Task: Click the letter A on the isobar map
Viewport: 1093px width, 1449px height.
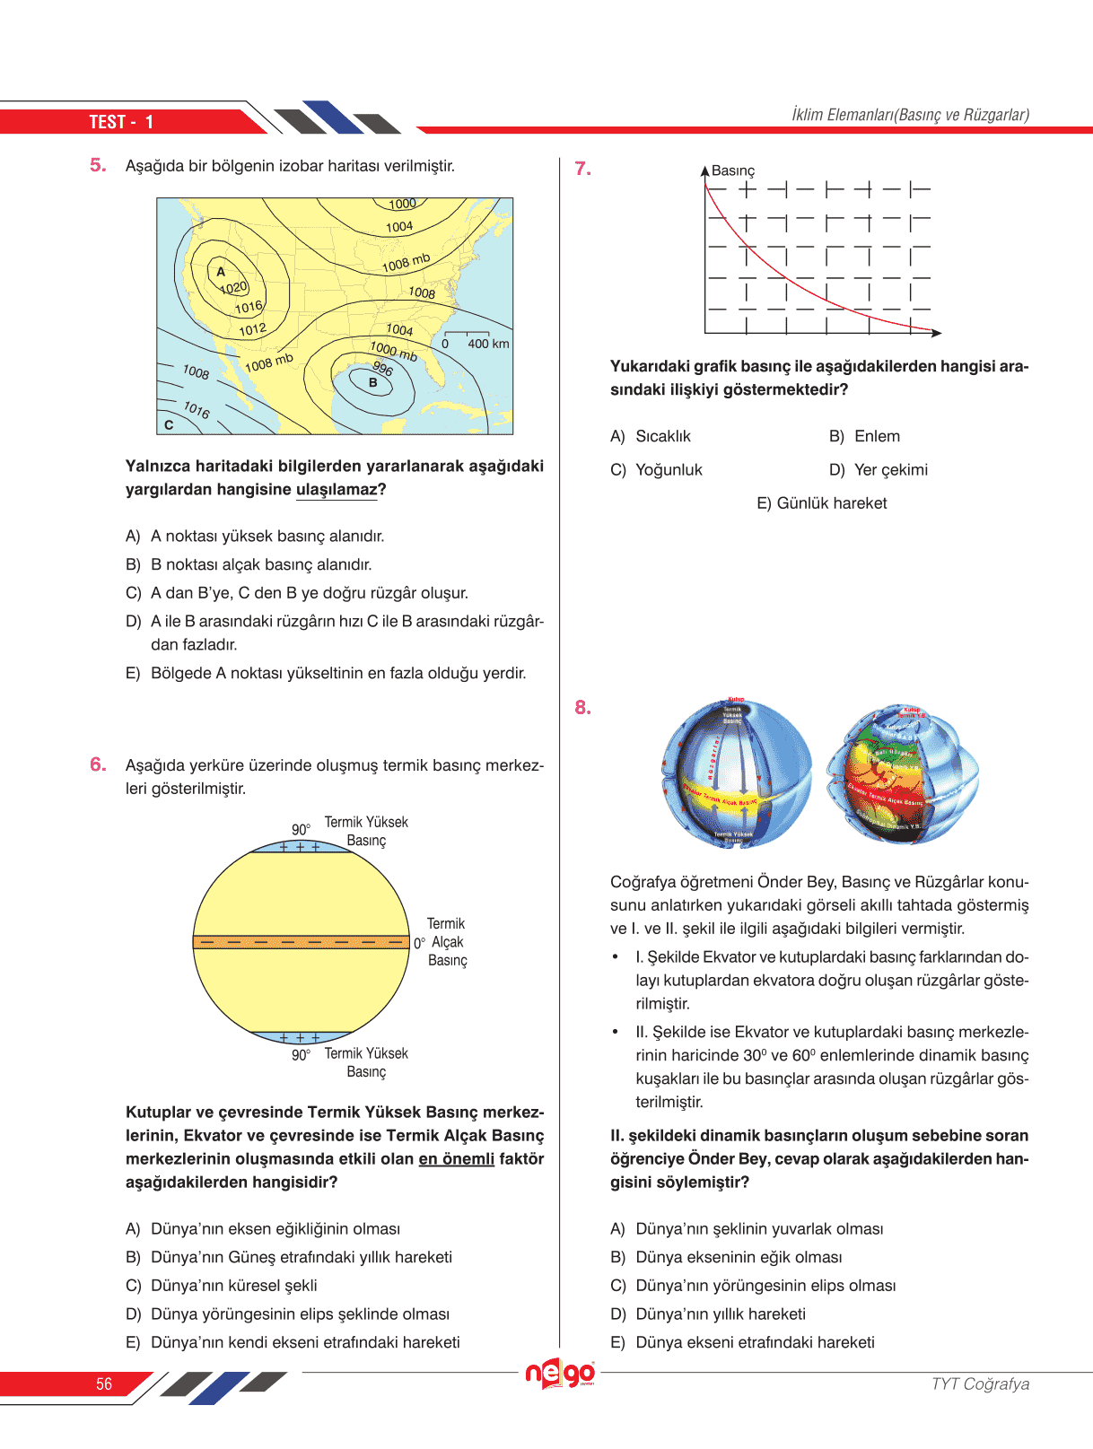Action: click(221, 271)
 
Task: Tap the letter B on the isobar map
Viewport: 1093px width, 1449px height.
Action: click(373, 383)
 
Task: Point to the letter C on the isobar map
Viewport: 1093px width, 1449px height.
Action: click(169, 424)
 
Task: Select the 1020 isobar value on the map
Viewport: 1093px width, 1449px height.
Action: click(233, 288)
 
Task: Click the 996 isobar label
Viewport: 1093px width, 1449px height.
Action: click(383, 368)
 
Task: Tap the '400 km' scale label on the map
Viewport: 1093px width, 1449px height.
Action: click(488, 344)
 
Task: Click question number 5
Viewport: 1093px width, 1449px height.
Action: click(98, 165)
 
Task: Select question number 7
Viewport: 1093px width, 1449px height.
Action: click(582, 169)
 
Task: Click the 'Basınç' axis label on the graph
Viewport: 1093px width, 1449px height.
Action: click(733, 170)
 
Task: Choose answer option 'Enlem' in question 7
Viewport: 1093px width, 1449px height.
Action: click(877, 436)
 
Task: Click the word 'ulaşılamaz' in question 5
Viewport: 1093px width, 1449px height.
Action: click(337, 489)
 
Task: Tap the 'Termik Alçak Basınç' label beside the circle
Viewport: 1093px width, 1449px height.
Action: click(447, 942)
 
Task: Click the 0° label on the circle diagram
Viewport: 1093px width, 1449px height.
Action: click(419, 943)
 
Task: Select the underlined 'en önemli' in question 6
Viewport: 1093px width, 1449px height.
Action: click(456, 1158)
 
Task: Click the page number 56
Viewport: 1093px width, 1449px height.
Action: click(104, 1384)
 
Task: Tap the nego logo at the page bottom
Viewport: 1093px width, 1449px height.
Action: click(560, 1374)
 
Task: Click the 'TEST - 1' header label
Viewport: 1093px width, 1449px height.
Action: click(121, 122)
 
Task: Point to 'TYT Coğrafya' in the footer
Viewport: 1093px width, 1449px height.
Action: click(980, 1384)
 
